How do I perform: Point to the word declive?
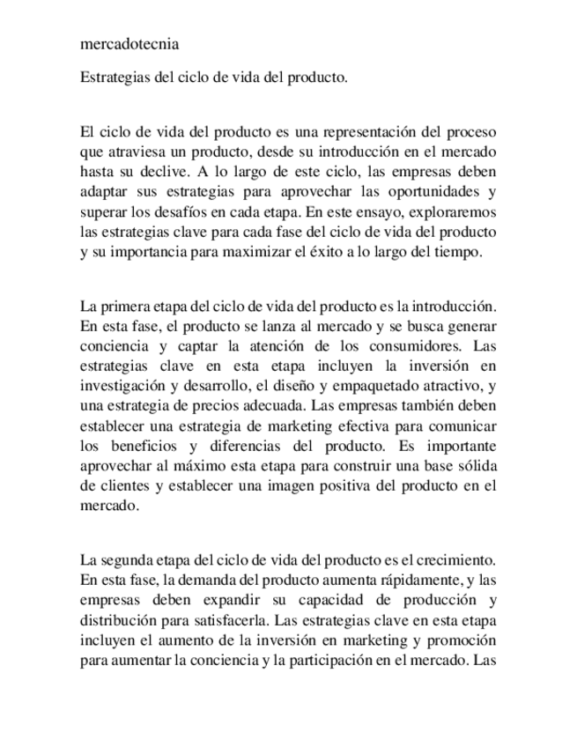click(x=181, y=171)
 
